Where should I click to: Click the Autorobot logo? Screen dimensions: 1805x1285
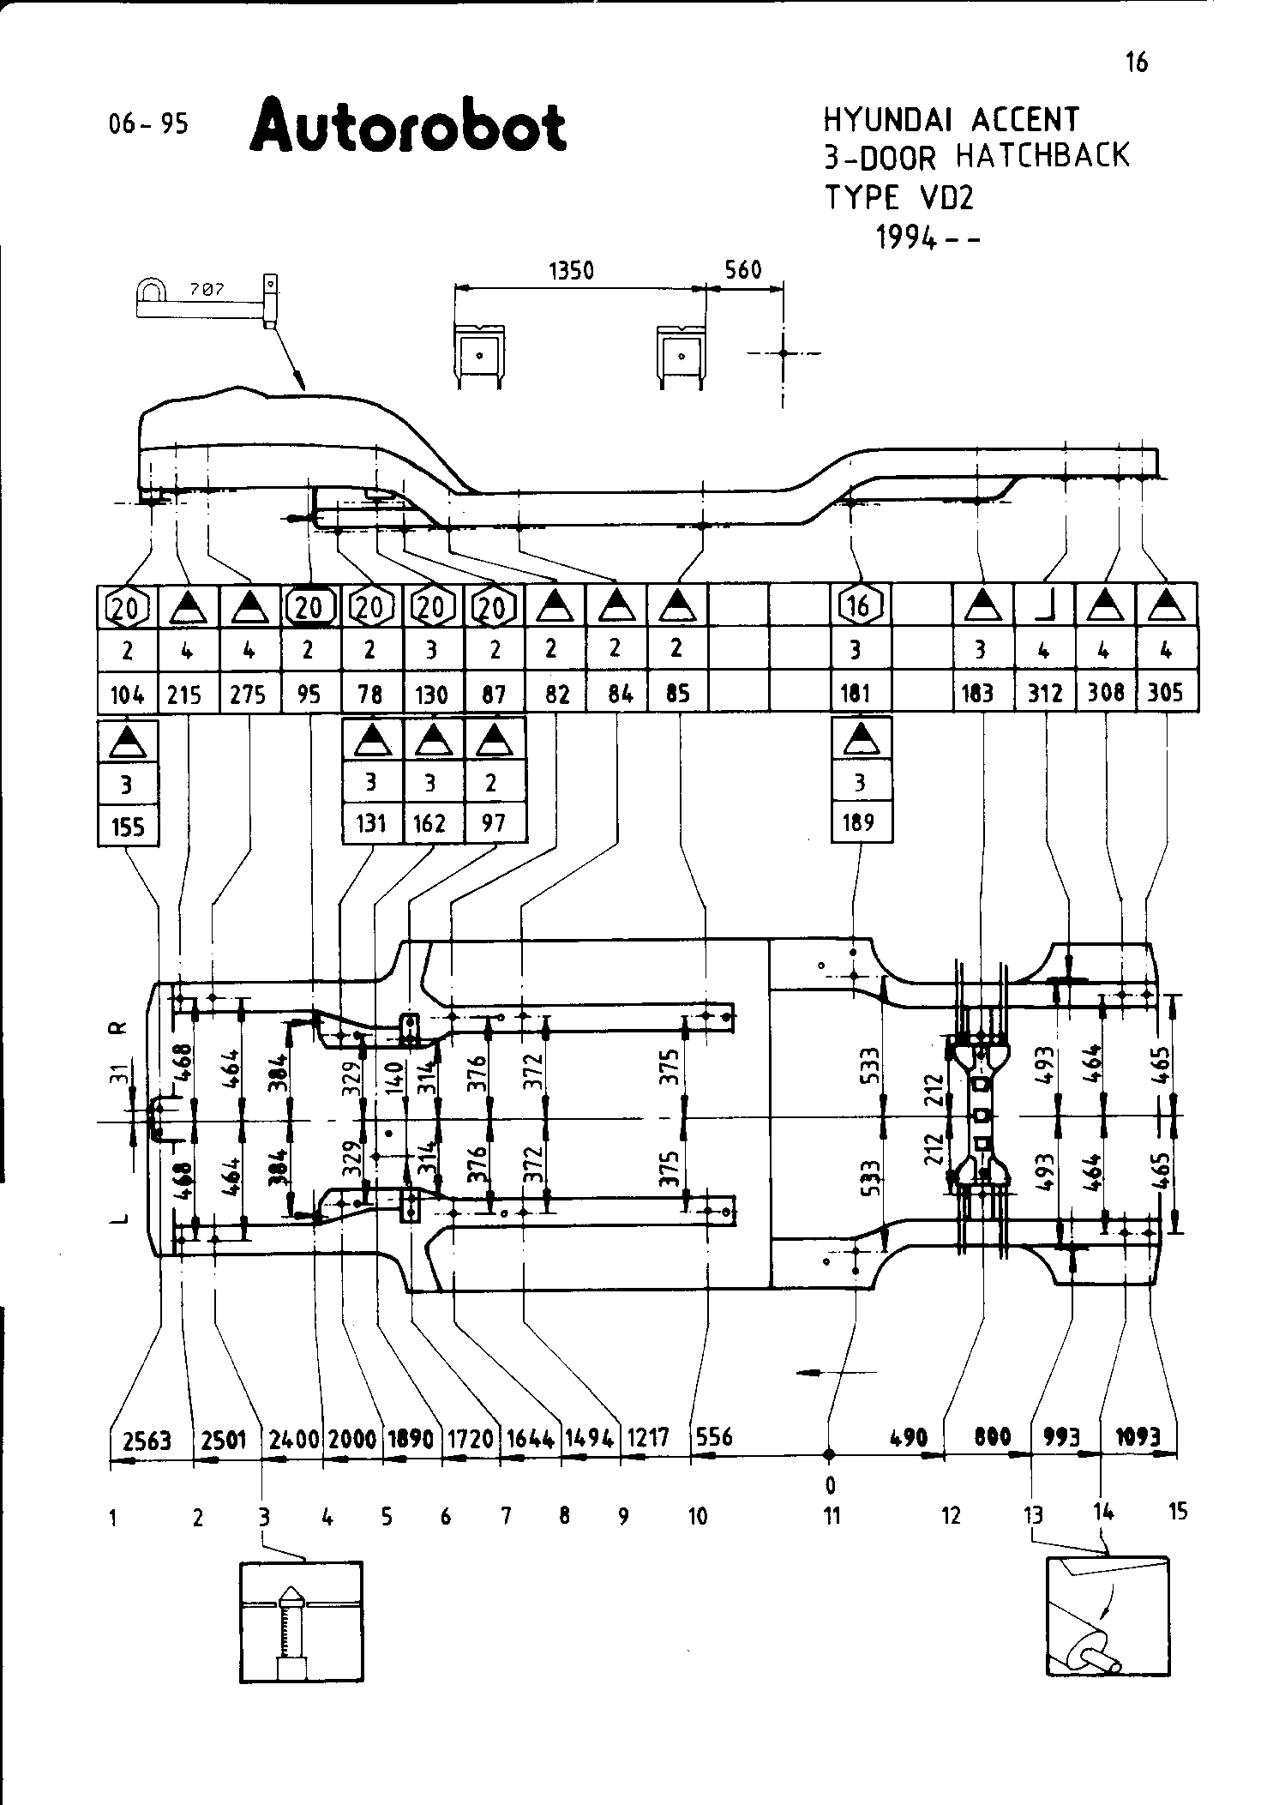pos(408,127)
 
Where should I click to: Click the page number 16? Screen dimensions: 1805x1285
pos(1137,63)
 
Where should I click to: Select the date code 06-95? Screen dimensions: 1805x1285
pos(148,125)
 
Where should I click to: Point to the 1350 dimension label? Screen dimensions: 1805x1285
pos(571,271)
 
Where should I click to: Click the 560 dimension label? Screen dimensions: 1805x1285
pos(742,271)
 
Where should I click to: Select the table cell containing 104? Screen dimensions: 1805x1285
pos(127,695)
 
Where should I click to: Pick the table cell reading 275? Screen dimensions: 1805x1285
pos(249,695)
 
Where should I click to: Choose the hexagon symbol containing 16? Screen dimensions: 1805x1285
pos(859,606)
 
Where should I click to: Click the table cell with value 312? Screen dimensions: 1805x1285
pos(1045,693)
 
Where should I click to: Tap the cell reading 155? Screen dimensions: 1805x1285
pos(127,827)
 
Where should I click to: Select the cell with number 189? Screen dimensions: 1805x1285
pos(859,823)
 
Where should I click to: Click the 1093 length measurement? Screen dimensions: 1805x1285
pos(1138,1436)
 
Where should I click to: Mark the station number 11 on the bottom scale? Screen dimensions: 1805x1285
pos(832,1516)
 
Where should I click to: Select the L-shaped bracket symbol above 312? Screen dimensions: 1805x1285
pos(1045,607)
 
